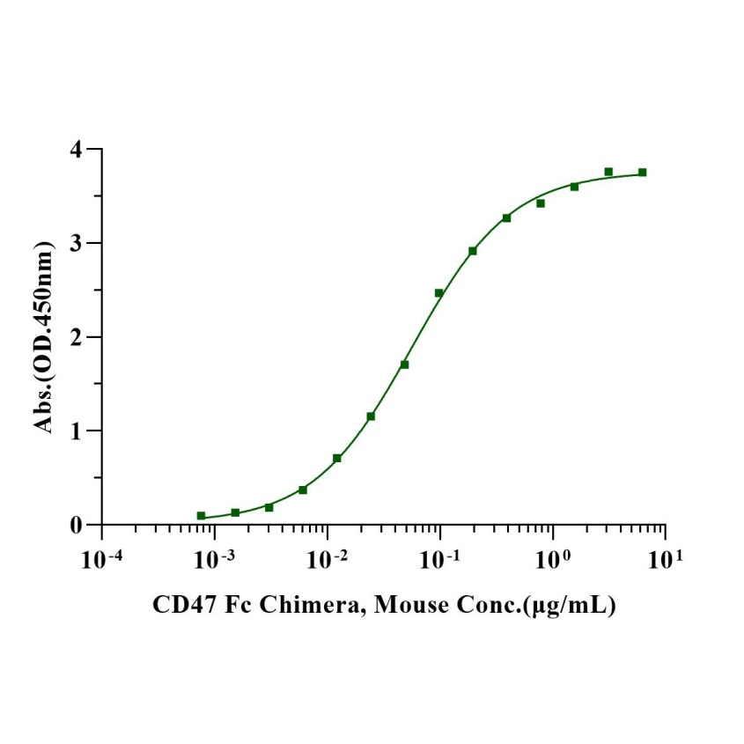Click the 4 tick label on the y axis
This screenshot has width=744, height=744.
79,150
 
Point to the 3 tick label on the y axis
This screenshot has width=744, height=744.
79,243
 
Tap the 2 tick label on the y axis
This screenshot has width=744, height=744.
79,337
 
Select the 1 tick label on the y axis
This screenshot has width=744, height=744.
79,431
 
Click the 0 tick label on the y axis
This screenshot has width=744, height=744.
79,525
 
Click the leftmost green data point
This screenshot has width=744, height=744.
201,516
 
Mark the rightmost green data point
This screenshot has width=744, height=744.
643,173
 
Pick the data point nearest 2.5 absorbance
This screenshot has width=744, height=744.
438,293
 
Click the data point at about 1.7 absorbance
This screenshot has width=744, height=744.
404,365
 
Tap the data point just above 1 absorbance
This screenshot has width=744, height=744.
371,416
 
